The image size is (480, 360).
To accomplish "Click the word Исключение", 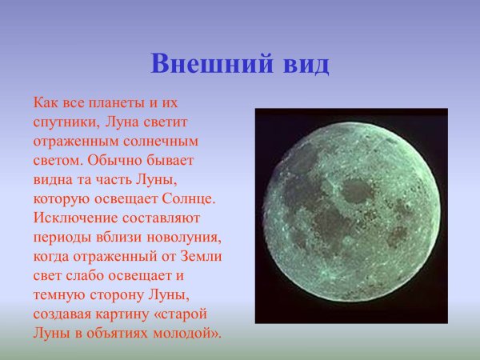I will pos(74,217).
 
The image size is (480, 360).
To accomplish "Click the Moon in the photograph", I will pos(351,216).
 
